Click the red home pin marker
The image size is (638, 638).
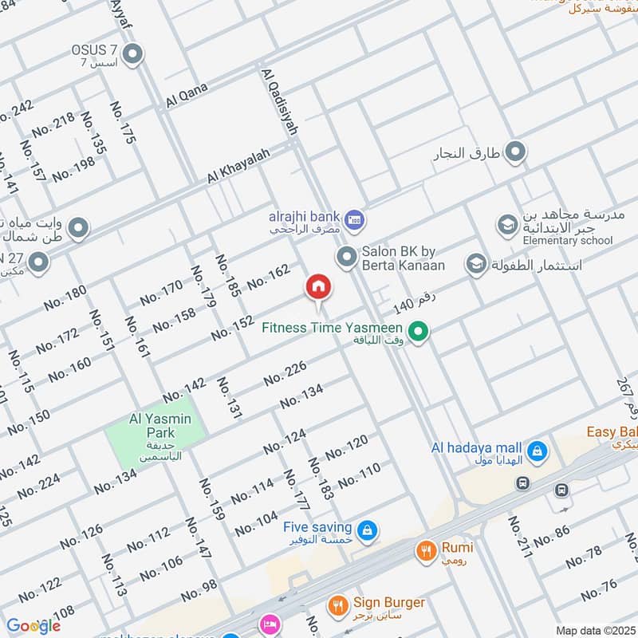click(x=318, y=288)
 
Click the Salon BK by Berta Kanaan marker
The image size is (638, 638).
click(x=346, y=257)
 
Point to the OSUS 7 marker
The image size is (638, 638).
click(x=133, y=55)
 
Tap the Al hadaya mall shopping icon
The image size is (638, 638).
click(x=538, y=451)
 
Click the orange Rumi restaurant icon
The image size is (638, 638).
click(x=426, y=549)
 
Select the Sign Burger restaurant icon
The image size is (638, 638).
click(x=338, y=605)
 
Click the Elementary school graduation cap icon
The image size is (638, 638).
click(x=506, y=226)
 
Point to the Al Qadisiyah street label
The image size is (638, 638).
click(x=281, y=101)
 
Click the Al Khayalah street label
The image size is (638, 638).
click(x=239, y=165)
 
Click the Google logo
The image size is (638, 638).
click(x=33, y=626)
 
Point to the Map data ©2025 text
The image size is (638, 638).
click(x=594, y=631)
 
